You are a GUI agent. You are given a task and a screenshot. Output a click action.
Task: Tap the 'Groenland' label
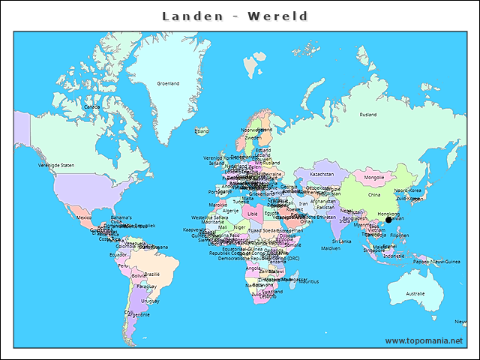click(168, 83)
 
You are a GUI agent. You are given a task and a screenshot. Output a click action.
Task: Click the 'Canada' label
click(91, 106)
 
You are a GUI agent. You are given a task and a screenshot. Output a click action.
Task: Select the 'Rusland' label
click(367, 115)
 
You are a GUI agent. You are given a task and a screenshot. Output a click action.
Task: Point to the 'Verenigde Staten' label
click(57, 165)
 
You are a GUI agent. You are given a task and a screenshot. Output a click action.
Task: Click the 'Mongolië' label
click(373, 178)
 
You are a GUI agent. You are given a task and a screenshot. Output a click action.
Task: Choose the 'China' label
click(374, 194)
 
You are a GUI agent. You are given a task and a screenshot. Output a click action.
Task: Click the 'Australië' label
click(415, 293)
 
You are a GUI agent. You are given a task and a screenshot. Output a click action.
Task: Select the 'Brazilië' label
click(152, 274)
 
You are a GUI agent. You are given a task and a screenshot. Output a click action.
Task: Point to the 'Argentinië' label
click(139, 315)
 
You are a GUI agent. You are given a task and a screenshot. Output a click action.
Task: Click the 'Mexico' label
click(84, 217)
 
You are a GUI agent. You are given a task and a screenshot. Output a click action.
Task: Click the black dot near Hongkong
click(388, 220)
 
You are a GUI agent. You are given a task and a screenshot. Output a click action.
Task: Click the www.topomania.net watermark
click(424, 340)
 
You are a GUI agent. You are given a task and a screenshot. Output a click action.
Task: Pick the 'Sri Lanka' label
click(342, 241)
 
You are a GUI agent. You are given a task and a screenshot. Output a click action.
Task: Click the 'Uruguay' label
click(150, 301)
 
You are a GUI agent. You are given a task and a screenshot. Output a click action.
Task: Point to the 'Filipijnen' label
click(400, 235)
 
